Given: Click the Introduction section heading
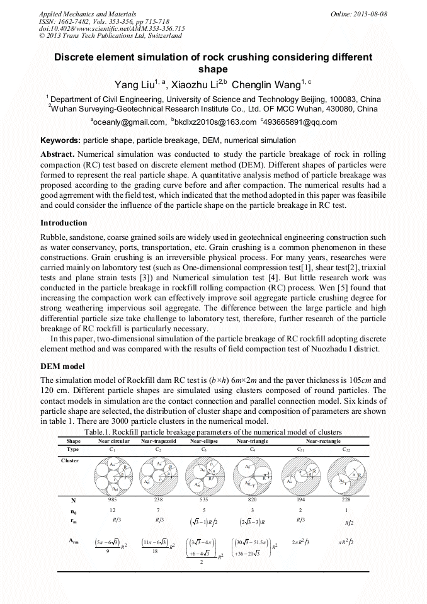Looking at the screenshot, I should tap(64, 223).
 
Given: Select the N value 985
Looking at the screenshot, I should tap(113, 499).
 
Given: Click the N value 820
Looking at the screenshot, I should tap(253, 499).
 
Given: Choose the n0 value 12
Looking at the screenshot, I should tap(113, 510).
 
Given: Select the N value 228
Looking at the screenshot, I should tap(346, 499).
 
